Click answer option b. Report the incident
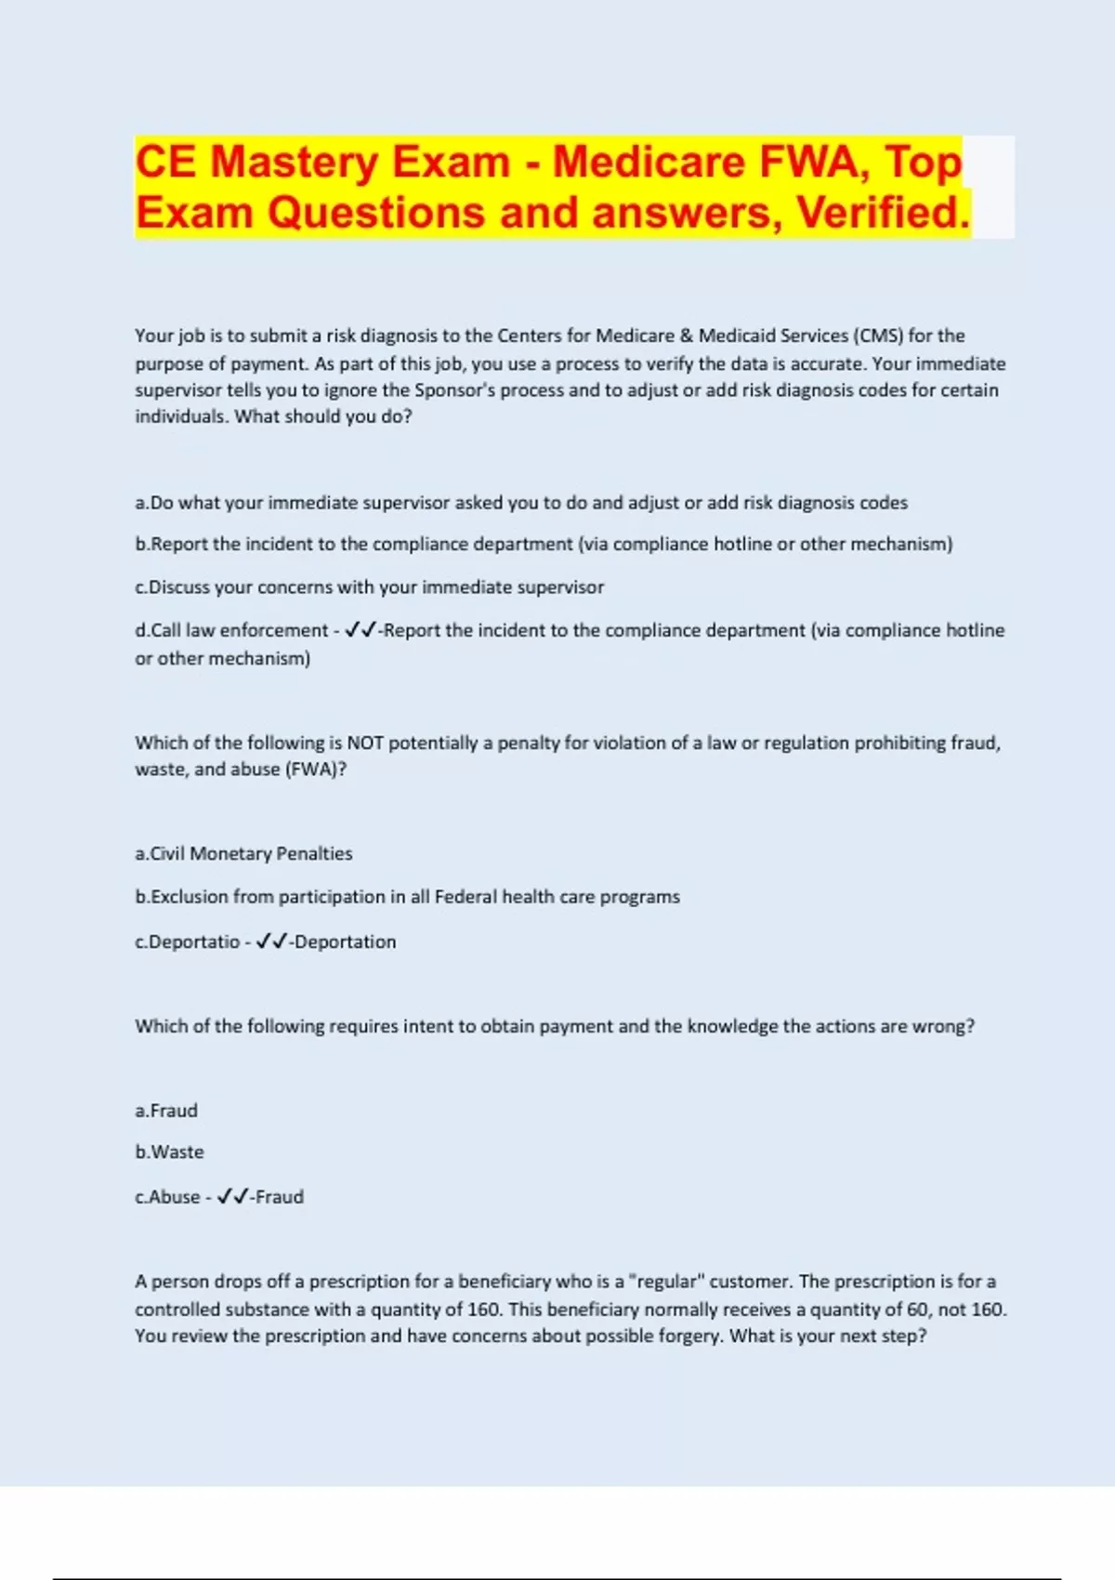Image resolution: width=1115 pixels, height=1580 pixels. click(544, 544)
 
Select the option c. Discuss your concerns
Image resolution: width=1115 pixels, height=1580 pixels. click(369, 587)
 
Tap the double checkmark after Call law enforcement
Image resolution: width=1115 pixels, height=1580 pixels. click(360, 630)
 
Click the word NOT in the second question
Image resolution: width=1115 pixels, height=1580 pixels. click(365, 743)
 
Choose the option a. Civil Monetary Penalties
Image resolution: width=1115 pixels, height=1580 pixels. click(243, 853)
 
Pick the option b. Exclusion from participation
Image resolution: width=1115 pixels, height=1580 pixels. click(407, 897)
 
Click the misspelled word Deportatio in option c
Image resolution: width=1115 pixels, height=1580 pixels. click(194, 941)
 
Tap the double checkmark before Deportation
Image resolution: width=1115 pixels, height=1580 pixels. click(271, 941)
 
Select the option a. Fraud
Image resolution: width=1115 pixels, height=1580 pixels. click(166, 1111)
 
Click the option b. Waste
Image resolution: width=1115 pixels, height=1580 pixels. click(169, 1152)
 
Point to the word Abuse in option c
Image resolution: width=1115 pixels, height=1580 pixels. click(175, 1197)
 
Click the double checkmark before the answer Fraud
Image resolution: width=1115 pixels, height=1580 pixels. click(232, 1197)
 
